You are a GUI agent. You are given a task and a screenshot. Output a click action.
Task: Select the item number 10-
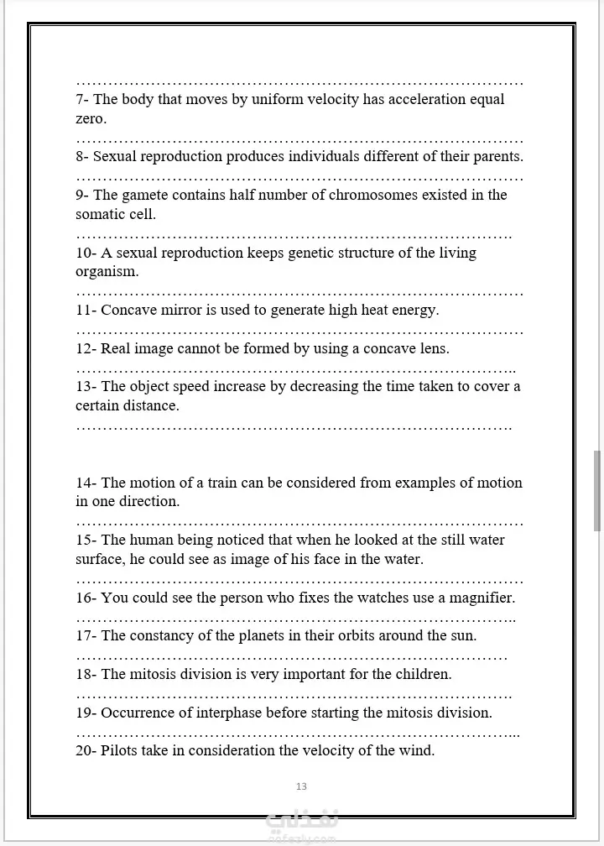[86, 253]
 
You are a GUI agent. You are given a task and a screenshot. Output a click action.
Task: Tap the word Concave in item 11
[126, 311]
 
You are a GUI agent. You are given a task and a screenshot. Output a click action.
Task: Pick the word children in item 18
[424, 675]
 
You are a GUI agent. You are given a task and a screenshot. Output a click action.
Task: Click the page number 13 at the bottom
[301, 786]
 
